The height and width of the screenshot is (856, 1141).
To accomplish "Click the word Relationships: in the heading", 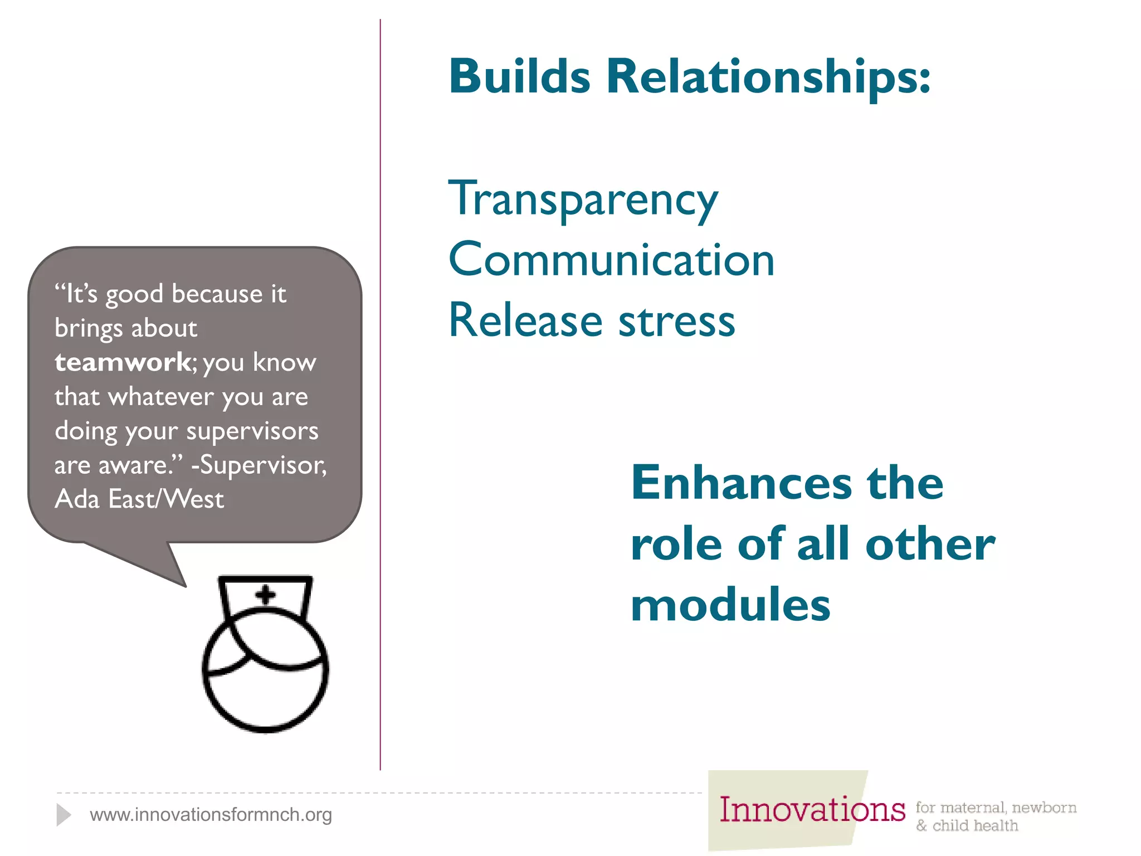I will [x=768, y=77].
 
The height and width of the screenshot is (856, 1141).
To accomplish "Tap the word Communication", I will [x=611, y=260].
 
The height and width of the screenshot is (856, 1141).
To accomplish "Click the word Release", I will [x=525, y=321].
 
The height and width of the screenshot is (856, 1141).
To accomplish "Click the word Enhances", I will [x=741, y=483].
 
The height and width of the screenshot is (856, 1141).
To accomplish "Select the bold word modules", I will [x=730, y=606].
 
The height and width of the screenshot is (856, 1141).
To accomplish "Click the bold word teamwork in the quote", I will [x=123, y=363].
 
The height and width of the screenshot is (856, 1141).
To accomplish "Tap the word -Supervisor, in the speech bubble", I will [x=259, y=465].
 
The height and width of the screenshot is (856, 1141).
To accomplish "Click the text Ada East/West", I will [x=139, y=499].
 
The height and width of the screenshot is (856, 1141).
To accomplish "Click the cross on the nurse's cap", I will [x=266, y=595].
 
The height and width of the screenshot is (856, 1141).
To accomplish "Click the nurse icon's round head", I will [x=265, y=680].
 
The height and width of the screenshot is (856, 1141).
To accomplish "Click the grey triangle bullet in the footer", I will [x=63, y=815].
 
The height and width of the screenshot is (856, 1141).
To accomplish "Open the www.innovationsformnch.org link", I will [x=211, y=815].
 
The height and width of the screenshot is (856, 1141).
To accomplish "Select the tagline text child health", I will [x=975, y=826].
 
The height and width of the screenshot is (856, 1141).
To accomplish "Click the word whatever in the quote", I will [x=161, y=397].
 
